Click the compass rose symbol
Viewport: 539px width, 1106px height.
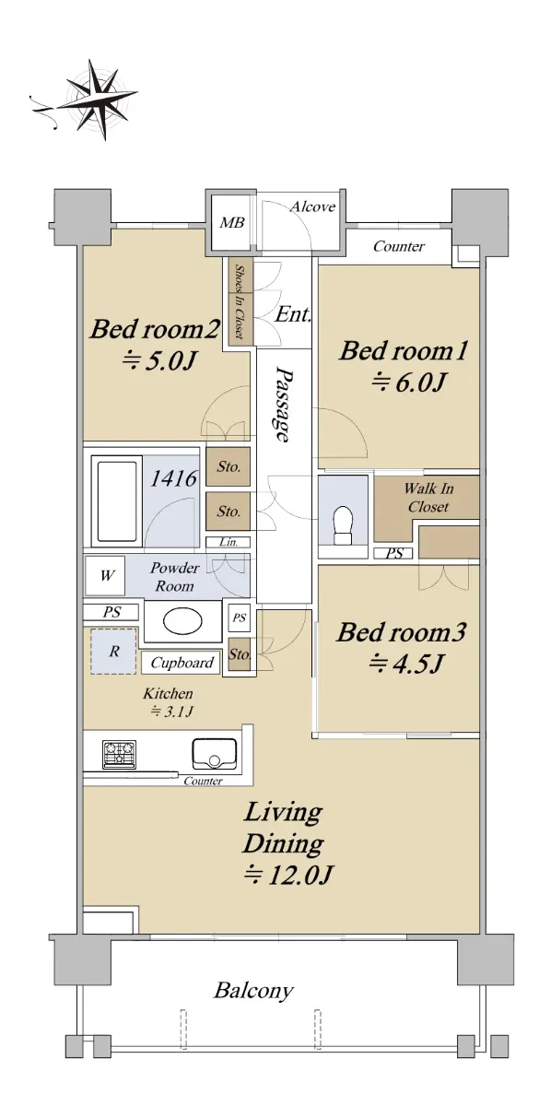click(x=93, y=100)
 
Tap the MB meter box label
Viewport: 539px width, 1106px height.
click(x=232, y=223)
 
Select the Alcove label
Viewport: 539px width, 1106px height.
click(x=312, y=206)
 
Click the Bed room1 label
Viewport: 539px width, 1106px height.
click(x=404, y=351)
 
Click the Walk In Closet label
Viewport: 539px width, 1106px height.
click(x=428, y=497)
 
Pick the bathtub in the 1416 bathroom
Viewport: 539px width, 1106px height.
click(x=117, y=501)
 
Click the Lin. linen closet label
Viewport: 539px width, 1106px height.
click(x=228, y=542)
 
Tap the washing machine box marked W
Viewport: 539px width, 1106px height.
click(x=107, y=575)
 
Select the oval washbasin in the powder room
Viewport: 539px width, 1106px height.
click(x=182, y=621)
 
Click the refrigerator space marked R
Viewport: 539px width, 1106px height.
click(x=113, y=652)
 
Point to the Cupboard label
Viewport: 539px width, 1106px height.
click(x=182, y=663)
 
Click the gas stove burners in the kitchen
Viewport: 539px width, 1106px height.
click(x=119, y=754)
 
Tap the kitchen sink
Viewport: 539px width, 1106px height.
click(x=214, y=754)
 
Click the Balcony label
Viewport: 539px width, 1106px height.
click(x=253, y=991)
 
